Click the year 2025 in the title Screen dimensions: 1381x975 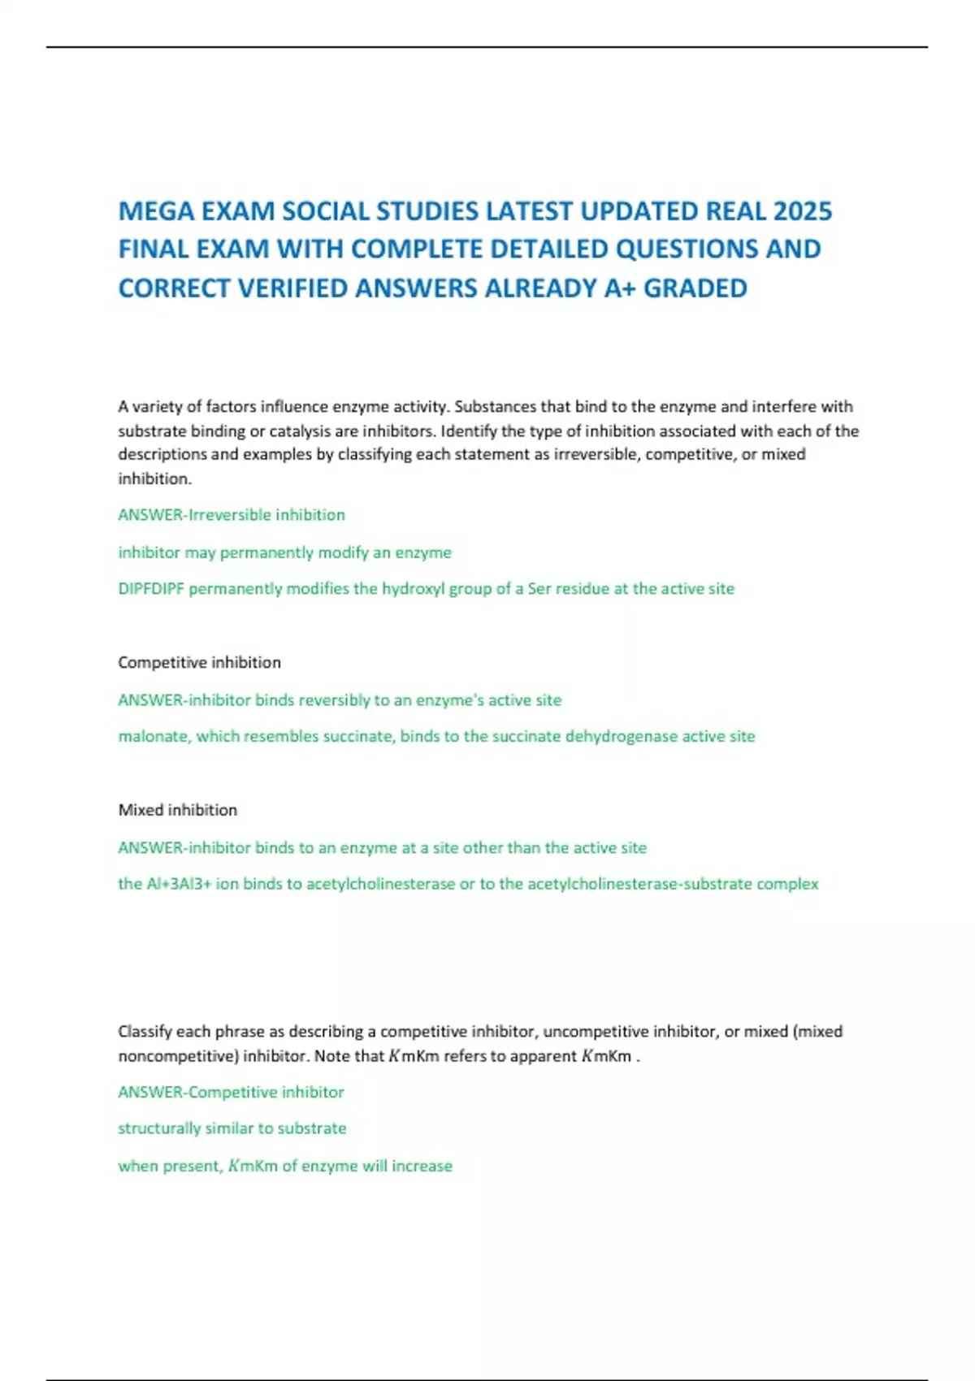[802, 211]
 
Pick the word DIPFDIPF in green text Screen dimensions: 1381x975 [151, 589]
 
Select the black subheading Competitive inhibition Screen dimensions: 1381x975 [199, 663]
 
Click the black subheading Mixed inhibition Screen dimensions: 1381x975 [177, 810]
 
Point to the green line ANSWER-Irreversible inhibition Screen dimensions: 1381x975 [232, 515]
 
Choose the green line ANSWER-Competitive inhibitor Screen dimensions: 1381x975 [231, 1093]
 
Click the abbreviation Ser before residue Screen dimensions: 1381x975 [539, 589]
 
